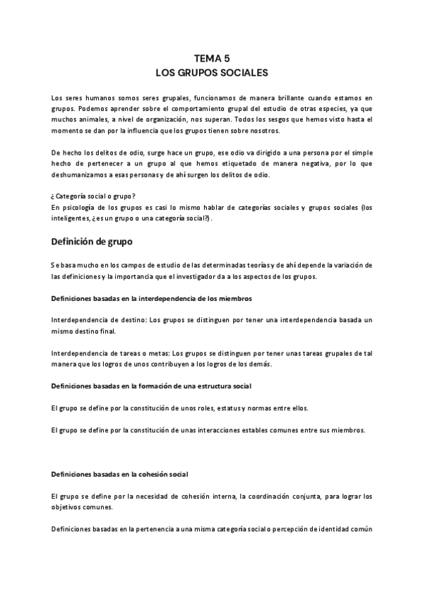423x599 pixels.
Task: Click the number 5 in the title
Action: [x=226, y=60]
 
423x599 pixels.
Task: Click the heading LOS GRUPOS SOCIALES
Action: [x=211, y=73]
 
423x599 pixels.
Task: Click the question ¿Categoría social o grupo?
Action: [x=95, y=196]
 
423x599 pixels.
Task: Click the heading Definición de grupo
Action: [x=92, y=242]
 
